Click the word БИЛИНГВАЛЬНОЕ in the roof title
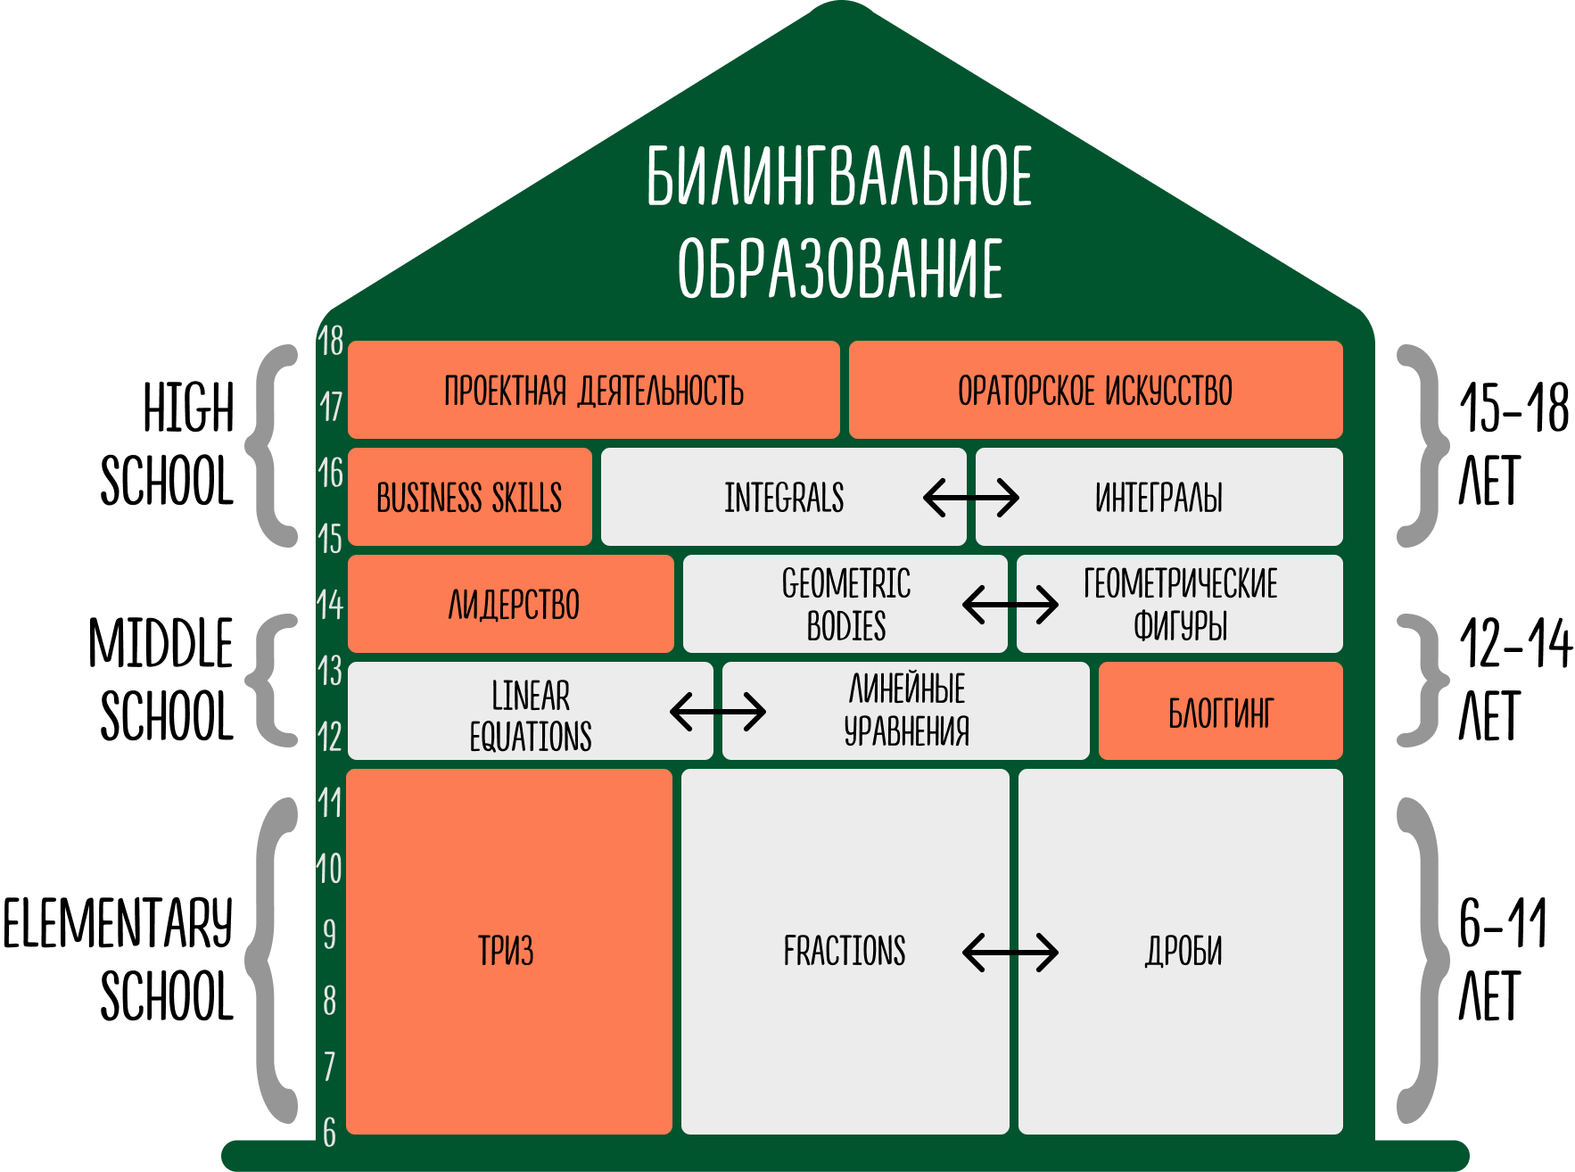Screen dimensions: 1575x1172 (x=839, y=176)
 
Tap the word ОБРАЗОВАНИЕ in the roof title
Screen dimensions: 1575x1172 (x=839, y=268)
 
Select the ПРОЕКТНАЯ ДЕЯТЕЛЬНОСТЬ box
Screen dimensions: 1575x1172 (x=593, y=391)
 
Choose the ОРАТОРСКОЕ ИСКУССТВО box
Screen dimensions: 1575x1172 (x=1095, y=391)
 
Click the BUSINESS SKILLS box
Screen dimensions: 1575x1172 (x=469, y=498)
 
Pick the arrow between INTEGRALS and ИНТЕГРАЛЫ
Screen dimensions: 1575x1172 (x=970, y=498)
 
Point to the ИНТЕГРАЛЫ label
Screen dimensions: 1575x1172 (x=1159, y=498)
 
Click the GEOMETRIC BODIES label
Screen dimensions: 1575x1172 (x=845, y=605)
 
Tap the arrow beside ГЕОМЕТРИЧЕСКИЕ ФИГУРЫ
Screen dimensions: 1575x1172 (x=1010, y=605)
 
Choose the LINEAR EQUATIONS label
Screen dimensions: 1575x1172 (x=531, y=715)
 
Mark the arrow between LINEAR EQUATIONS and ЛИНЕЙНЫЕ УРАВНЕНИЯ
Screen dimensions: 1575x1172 (x=718, y=712)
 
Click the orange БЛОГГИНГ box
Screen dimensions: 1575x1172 (x=1220, y=712)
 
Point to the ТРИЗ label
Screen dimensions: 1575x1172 (x=506, y=951)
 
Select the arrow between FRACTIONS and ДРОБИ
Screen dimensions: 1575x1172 (x=1010, y=952)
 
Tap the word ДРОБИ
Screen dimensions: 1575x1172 (x=1183, y=951)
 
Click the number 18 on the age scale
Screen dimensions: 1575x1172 (x=331, y=341)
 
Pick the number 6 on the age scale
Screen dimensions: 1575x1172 (x=329, y=1133)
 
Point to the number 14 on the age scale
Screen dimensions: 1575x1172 (x=330, y=605)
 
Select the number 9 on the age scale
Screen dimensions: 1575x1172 (x=329, y=935)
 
